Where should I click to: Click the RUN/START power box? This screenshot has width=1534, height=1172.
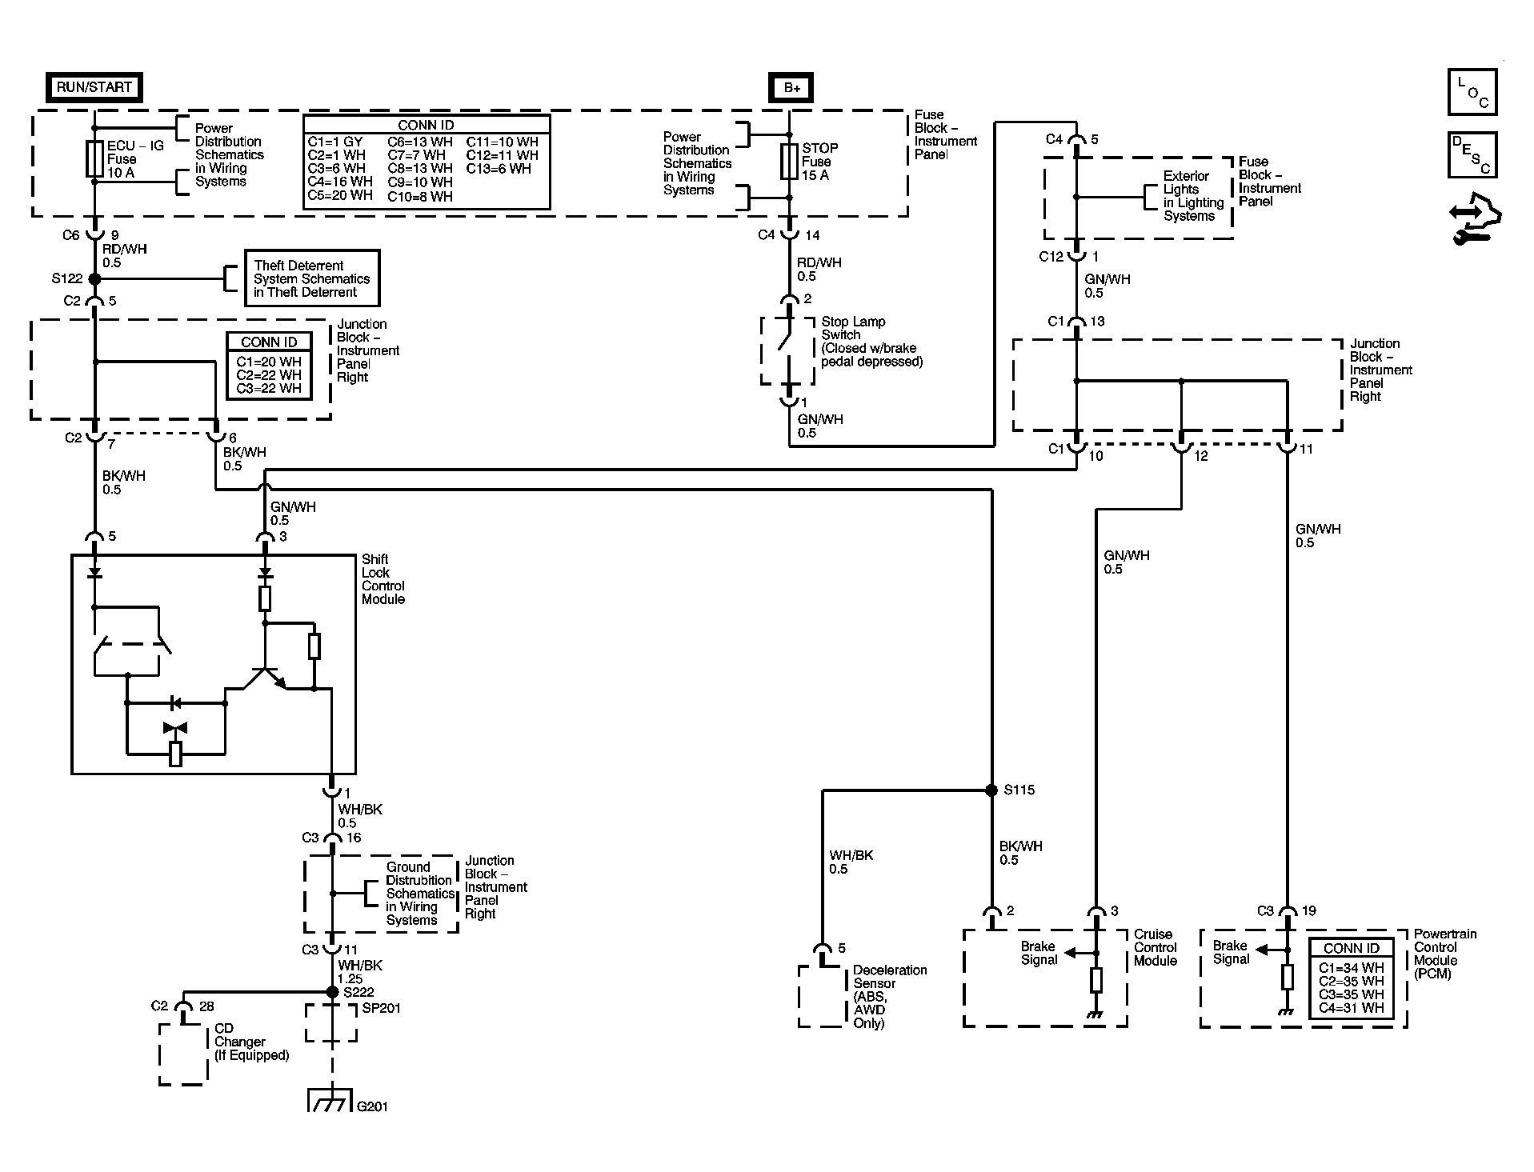[x=94, y=87]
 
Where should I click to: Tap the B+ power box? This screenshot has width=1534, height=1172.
[x=791, y=88]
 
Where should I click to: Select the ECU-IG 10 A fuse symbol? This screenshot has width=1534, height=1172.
[x=94, y=159]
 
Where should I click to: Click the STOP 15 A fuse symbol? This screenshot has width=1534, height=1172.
[x=790, y=161]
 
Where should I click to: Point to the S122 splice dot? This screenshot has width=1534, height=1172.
[x=94, y=279]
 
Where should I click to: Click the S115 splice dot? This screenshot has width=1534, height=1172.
[x=992, y=790]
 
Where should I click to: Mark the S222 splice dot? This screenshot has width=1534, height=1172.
[x=332, y=992]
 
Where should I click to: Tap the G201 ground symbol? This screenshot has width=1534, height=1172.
[x=330, y=1102]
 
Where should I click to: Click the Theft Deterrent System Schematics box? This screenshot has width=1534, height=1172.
[x=311, y=278]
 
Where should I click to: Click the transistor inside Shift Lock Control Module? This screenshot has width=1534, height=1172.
[x=263, y=676]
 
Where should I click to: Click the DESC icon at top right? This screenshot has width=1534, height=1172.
[x=1472, y=155]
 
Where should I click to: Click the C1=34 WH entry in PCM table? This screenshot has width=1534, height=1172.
[x=1351, y=968]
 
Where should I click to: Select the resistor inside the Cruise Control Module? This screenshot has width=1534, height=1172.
[x=1096, y=979]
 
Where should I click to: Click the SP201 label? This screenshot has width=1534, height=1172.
[x=381, y=1008]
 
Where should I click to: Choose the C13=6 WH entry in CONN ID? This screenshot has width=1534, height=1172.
[x=499, y=169]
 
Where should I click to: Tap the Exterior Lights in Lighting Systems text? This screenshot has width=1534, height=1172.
[x=1193, y=196]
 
